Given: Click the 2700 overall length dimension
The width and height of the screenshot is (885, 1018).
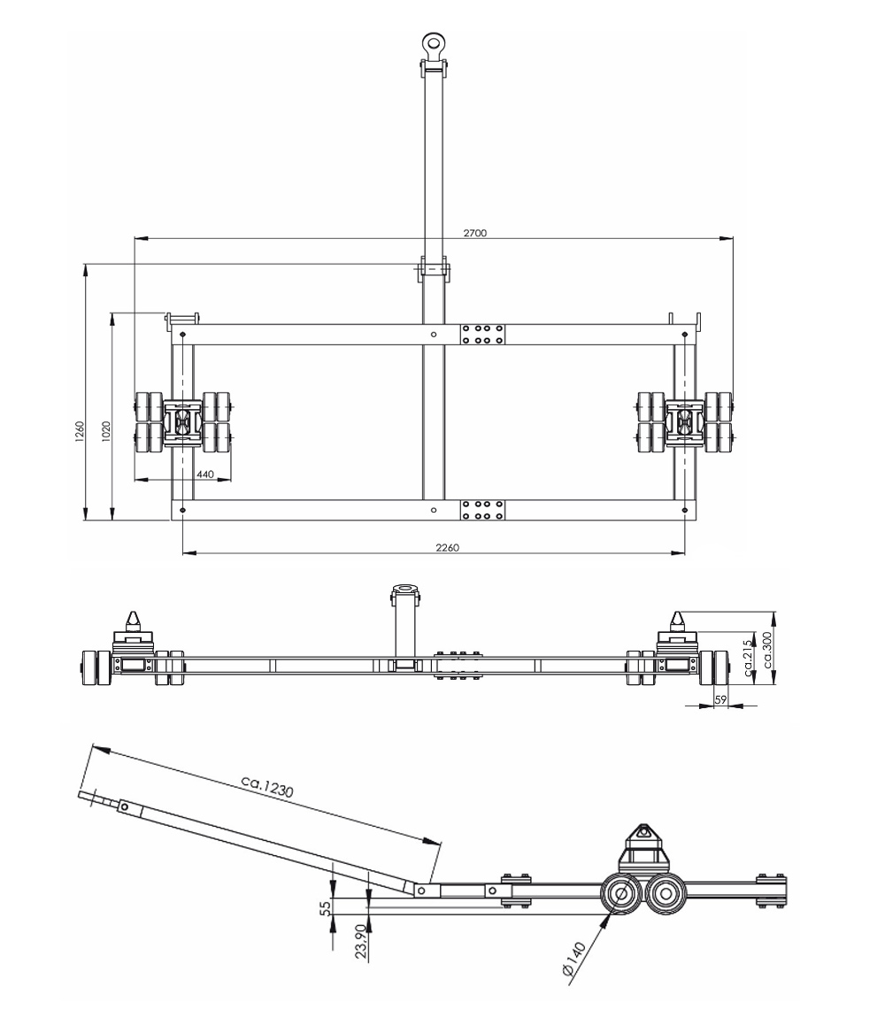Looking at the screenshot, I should point(475,232).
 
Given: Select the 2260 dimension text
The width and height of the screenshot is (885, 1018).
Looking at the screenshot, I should point(447,548).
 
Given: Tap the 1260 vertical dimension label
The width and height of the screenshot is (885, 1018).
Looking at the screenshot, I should point(79,431).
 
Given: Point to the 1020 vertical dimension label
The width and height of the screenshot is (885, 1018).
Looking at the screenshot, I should point(106,431).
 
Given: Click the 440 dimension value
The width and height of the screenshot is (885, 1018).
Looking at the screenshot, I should point(205,474).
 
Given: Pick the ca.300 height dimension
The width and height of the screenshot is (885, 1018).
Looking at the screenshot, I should point(768,649).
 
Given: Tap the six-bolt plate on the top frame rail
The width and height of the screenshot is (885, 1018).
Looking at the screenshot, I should point(483,334).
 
